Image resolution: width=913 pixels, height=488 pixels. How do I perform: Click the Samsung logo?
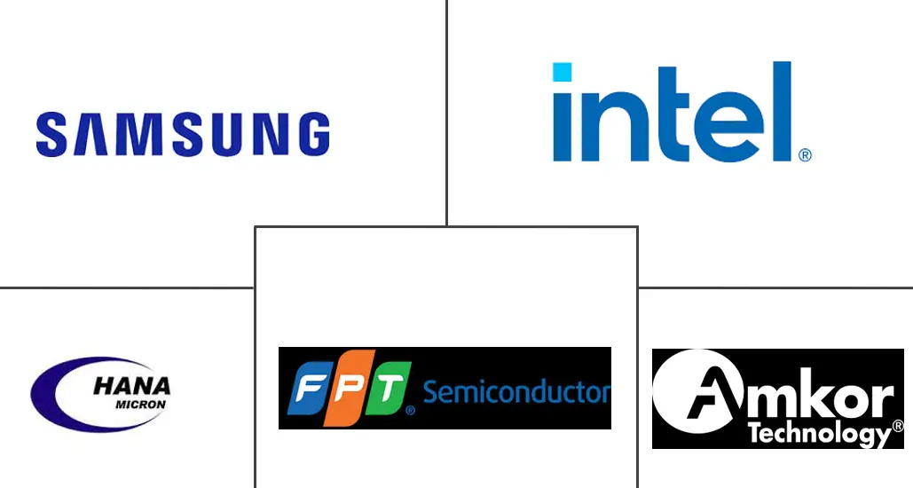click(x=183, y=134)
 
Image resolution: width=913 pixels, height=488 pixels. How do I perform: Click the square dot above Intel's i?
click(x=563, y=72)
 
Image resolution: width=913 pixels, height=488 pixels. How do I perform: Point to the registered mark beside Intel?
click(x=805, y=154)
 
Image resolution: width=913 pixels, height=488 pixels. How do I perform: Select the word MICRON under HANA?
click(x=141, y=404)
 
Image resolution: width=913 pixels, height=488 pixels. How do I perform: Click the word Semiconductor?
click(x=516, y=391)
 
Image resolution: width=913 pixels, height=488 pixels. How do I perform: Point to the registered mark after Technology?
click(x=897, y=429)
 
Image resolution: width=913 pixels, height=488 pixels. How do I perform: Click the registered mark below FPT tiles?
click(x=410, y=412)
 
